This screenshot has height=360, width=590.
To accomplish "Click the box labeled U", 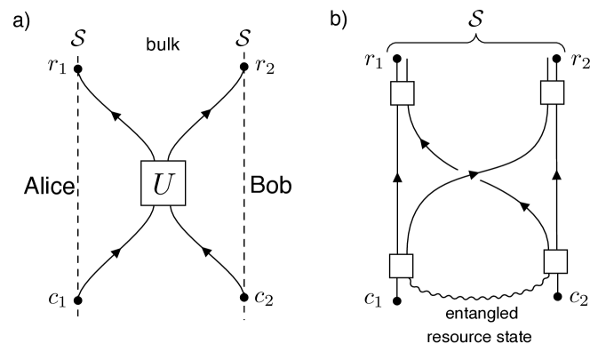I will [x=161, y=185].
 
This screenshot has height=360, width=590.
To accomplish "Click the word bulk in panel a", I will [x=161, y=43].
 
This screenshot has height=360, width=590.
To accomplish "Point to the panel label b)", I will [x=338, y=19].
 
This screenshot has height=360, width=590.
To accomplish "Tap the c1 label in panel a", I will [x=58, y=300].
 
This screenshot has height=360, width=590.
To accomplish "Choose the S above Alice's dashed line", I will [x=79, y=41].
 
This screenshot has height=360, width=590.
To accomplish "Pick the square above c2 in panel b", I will [x=555, y=261].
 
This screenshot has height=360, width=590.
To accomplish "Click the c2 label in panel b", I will [x=578, y=300].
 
